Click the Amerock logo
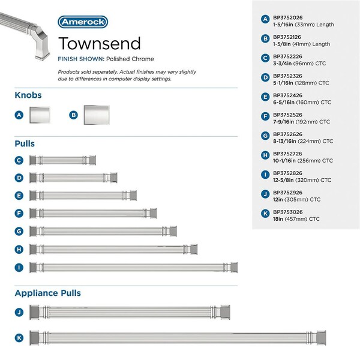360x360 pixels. click(x=83, y=22)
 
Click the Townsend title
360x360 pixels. click(x=100, y=43)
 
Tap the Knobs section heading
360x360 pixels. click(x=28, y=95)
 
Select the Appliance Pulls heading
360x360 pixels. click(x=47, y=293)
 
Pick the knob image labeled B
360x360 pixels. click(x=97, y=114)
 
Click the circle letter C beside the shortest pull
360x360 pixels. click(x=19, y=160)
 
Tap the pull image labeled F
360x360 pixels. click(x=94, y=213)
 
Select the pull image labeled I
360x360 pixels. click(x=134, y=266)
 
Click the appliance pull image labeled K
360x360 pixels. click(x=184, y=338)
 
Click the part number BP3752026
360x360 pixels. click(x=288, y=18)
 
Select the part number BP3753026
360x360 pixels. click(x=288, y=212)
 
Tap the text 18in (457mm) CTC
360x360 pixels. click(x=297, y=219)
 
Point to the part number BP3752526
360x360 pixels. click(x=288, y=115)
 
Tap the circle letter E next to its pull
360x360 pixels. click(x=19, y=196)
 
